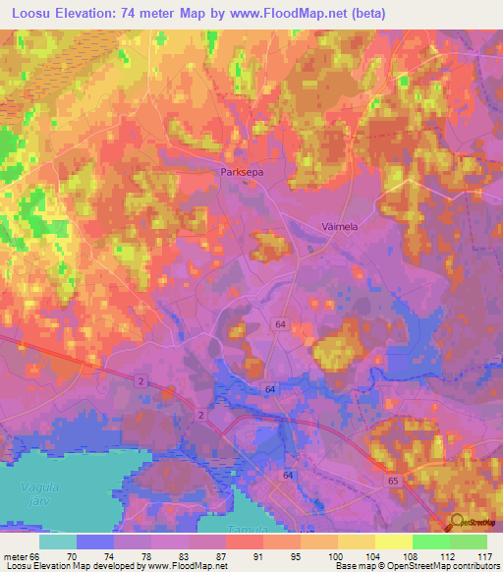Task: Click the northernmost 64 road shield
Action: coord(280,324)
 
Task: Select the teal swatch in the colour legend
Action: coord(58,542)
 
